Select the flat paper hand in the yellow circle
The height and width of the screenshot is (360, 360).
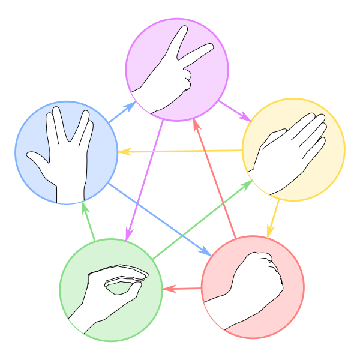coord(288,153)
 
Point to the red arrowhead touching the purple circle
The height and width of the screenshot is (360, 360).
coord(195,124)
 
